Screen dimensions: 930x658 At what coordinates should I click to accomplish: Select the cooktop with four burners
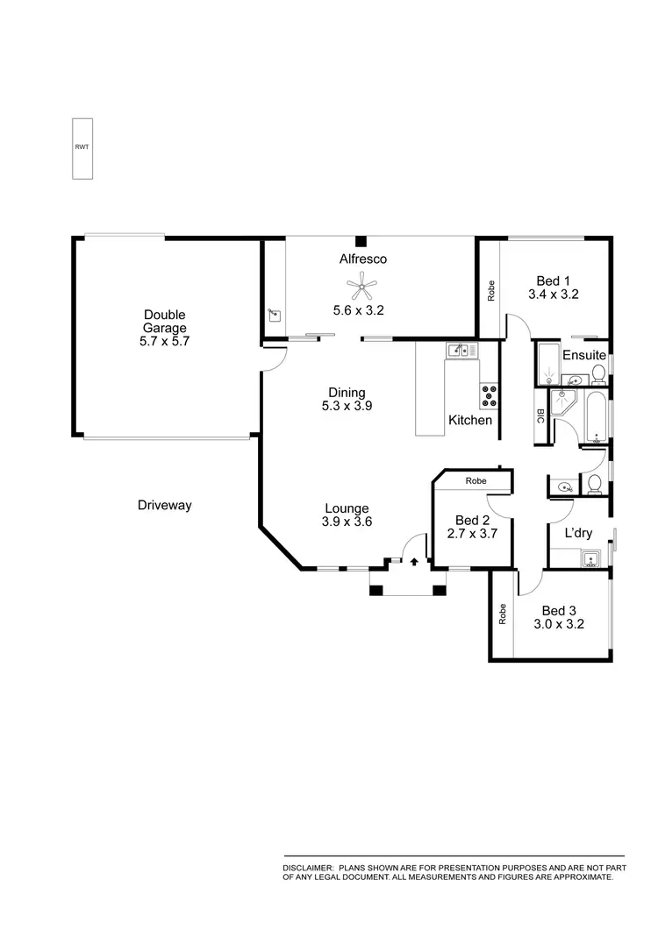point(489,396)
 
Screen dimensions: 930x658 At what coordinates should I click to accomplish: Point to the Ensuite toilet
point(599,375)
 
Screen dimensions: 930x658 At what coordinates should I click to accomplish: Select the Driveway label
point(164,506)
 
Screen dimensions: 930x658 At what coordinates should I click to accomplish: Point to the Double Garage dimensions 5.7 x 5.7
point(164,342)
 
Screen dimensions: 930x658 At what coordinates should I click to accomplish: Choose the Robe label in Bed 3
point(503,614)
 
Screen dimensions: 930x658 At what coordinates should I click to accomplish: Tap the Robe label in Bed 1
point(490,290)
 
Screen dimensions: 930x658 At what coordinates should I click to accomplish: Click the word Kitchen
point(470,421)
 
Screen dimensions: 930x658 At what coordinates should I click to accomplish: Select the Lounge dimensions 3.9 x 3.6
point(347,522)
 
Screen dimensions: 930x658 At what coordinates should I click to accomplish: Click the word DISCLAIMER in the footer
point(308,867)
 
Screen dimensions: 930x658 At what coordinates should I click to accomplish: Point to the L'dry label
point(577,533)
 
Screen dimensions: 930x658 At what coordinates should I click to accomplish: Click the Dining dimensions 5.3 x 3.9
point(347,406)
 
